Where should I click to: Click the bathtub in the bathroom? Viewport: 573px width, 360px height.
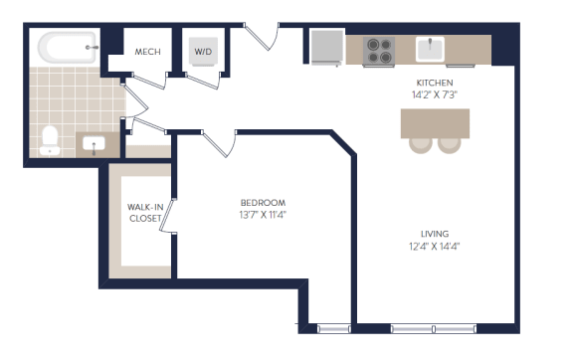(x=68, y=48)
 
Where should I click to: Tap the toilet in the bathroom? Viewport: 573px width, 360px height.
(x=50, y=141)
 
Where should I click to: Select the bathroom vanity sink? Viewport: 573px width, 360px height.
(x=94, y=144)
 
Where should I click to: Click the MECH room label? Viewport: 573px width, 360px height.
(x=147, y=52)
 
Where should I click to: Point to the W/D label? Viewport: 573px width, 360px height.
(x=203, y=52)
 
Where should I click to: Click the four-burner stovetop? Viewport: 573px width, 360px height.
(x=379, y=51)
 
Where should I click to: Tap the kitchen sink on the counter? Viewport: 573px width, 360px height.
(x=430, y=50)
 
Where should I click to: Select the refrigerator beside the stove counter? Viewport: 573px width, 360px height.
(x=327, y=47)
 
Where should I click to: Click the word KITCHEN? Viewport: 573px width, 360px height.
(x=435, y=83)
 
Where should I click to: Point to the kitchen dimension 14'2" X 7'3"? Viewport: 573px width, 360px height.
(x=435, y=95)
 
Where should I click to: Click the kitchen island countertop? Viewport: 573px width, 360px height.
(x=435, y=123)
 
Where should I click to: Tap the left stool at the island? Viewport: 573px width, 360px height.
(x=421, y=145)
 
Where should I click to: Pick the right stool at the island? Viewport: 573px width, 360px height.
(x=450, y=145)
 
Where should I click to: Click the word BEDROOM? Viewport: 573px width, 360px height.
(x=263, y=203)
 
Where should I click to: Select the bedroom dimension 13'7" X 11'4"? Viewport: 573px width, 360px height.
(x=263, y=215)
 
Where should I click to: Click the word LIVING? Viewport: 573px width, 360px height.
(x=435, y=234)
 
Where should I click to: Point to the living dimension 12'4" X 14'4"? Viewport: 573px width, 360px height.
(x=434, y=247)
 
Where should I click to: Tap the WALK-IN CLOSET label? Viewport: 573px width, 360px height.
(x=145, y=213)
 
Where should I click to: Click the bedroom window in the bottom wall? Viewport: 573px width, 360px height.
(x=333, y=329)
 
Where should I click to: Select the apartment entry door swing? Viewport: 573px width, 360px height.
(x=262, y=37)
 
